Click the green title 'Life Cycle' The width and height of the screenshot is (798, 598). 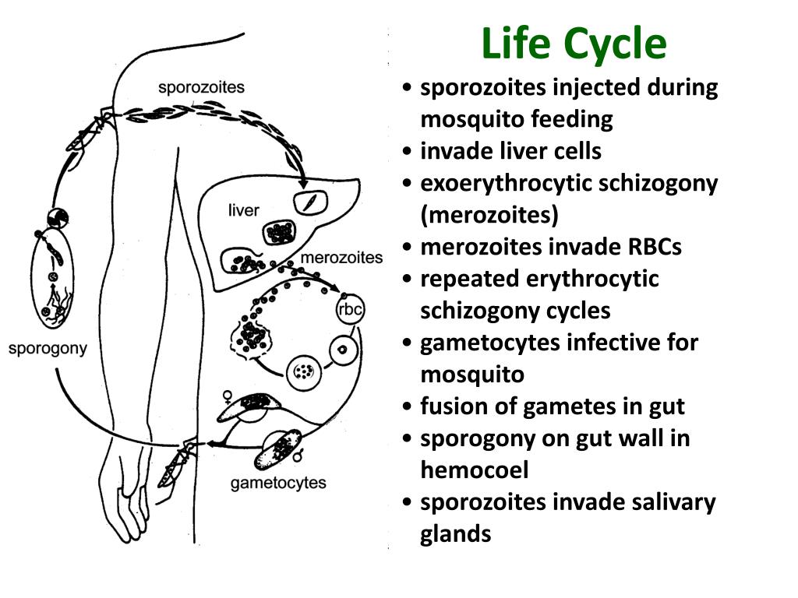[x=574, y=44]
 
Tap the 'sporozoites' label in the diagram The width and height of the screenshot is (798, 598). [x=201, y=87]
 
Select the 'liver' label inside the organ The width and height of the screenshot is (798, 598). [x=243, y=210]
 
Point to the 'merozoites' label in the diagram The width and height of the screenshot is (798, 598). [x=341, y=258]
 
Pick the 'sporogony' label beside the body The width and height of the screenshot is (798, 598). [x=48, y=348]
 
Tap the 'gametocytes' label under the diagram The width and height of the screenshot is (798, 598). [x=278, y=484]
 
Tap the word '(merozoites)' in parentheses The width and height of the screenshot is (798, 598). [x=489, y=215]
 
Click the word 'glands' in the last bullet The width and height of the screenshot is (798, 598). [x=456, y=534]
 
